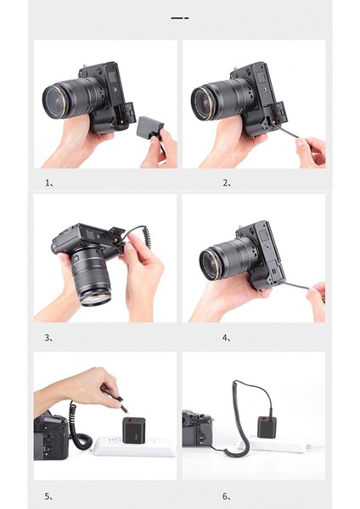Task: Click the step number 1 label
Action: click(x=49, y=183)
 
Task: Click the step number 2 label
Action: click(x=227, y=183)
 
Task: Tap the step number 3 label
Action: click(x=48, y=338)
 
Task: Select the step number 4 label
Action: click(x=227, y=338)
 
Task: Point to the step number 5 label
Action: click(x=48, y=496)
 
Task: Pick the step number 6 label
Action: click(x=227, y=496)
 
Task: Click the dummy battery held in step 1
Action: click(x=150, y=127)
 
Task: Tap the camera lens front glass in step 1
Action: click(x=55, y=102)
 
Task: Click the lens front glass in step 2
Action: click(x=203, y=103)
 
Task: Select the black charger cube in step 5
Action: click(x=133, y=431)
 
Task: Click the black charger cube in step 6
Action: click(x=267, y=428)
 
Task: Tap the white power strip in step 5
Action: click(x=133, y=447)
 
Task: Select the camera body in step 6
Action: click(x=198, y=428)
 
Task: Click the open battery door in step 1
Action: click(x=129, y=112)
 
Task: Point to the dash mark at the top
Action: click(x=180, y=18)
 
